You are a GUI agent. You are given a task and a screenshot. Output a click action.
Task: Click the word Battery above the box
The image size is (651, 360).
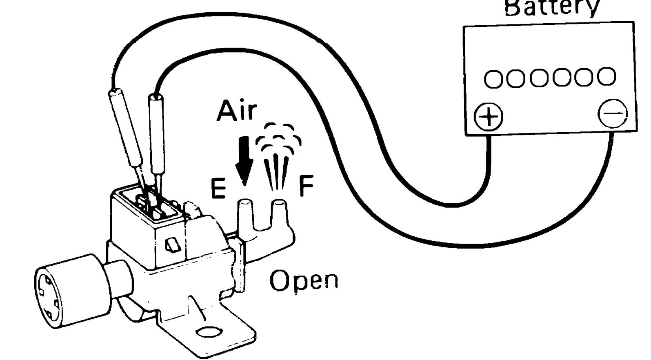552,7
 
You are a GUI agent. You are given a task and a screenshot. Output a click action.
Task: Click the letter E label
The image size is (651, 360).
218,189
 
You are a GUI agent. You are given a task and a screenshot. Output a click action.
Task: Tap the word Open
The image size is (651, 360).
304,281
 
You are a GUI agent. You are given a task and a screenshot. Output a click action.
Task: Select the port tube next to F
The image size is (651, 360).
279,214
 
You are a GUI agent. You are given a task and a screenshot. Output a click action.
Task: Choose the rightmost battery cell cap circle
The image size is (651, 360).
606,76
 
